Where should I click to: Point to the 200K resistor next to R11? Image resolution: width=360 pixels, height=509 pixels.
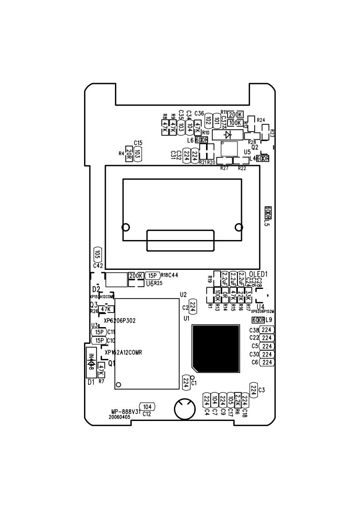coord(236,114)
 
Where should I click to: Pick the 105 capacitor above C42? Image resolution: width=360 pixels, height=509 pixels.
coord(97,254)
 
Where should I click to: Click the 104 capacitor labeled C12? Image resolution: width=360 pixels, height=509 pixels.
coord(147,406)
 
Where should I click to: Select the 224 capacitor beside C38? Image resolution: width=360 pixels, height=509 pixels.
coord(267,330)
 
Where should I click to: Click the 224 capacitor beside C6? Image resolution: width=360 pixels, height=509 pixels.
coord(267,362)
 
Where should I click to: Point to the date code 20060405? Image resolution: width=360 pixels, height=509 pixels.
coord(119,416)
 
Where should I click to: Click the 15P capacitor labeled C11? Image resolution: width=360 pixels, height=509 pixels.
coord(99,332)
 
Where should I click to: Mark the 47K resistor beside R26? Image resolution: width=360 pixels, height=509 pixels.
coord(106,309)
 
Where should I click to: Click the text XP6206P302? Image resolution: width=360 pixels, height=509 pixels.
coord(120,320)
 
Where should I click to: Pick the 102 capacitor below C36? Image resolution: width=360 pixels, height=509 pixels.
coord(208,120)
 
